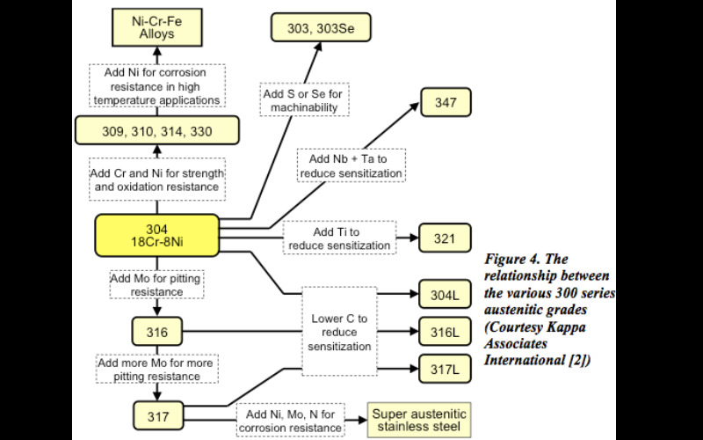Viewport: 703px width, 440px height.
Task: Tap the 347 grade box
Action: point(446,102)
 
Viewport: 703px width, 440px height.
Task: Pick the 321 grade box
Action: point(446,238)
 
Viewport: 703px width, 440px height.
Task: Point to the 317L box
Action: point(446,368)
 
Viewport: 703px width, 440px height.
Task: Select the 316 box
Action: point(157,333)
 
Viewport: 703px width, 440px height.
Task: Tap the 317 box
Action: point(157,412)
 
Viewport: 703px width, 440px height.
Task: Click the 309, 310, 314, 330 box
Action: point(156,131)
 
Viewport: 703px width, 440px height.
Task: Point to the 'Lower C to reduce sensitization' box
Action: point(339,332)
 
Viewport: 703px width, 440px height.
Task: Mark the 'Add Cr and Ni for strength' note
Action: point(157,178)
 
